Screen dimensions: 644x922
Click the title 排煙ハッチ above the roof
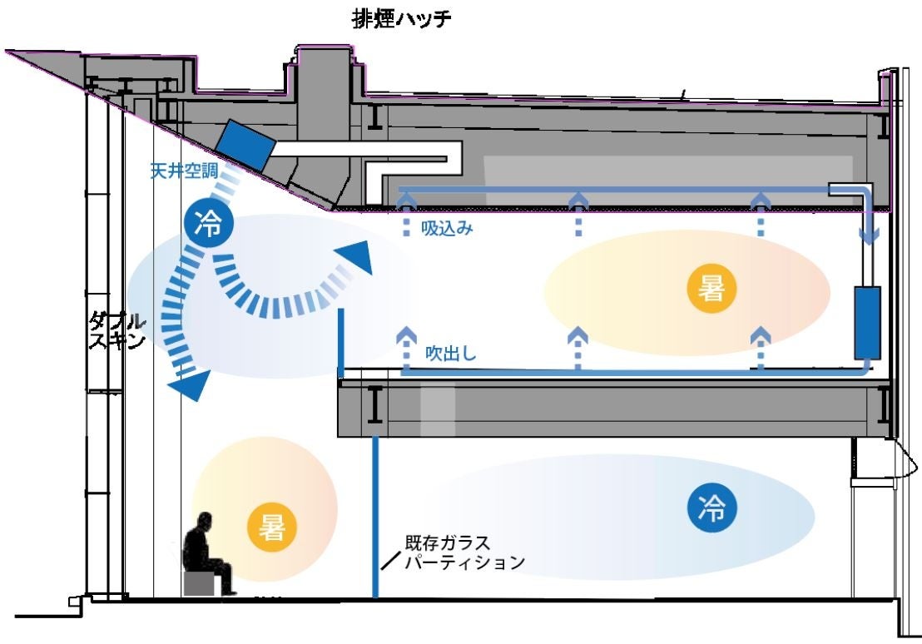[x=403, y=19]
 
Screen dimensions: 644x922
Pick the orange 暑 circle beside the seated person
[x=272, y=527]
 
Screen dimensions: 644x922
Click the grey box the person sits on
[x=202, y=582]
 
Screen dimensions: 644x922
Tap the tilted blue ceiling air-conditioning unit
[x=246, y=142]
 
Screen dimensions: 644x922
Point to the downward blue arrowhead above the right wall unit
[x=867, y=236]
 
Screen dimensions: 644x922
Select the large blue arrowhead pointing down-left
[x=186, y=384]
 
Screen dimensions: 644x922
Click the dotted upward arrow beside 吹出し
[x=405, y=344]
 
